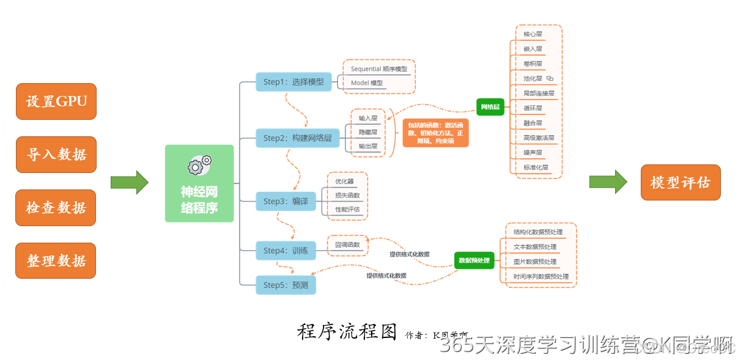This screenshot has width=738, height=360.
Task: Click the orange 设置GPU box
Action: click(56, 101)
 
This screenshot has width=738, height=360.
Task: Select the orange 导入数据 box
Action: click(56, 154)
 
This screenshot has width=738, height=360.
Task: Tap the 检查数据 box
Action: click(56, 208)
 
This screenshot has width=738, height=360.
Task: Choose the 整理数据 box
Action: click(56, 260)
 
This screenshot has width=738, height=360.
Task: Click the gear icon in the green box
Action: click(199, 164)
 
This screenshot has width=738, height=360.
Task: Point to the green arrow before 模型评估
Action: click(608, 182)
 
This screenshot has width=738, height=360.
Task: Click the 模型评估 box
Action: click(680, 182)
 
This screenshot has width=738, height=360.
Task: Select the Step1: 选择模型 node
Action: click(293, 82)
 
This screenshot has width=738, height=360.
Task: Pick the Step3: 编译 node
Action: click(286, 201)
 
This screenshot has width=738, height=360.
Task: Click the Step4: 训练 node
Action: click(286, 251)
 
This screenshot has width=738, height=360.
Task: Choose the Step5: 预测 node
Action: click(286, 285)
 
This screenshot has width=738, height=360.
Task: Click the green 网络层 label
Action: click(490, 107)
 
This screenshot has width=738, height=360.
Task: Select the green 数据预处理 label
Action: click(474, 260)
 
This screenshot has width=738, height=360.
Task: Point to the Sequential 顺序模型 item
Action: click(379, 69)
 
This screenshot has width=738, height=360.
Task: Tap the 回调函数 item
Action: click(347, 245)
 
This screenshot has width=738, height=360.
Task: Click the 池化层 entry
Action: click(533, 78)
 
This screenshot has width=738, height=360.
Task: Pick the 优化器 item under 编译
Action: click(344, 182)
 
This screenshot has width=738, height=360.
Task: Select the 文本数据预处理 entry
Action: click(535, 247)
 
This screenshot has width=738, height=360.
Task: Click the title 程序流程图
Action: click(347, 331)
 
